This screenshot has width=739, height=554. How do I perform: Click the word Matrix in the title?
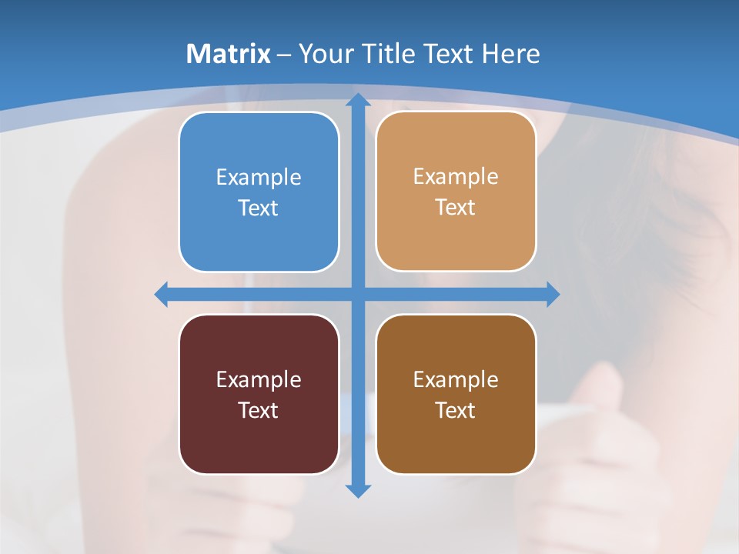[229, 54]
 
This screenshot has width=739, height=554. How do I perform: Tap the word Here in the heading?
[510, 54]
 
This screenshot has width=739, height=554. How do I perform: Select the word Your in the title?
[329, 54]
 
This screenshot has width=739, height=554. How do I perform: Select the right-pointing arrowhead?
[552, 294]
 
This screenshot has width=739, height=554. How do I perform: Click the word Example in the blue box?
[259, 178]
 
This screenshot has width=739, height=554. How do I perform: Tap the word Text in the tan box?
[456, 208]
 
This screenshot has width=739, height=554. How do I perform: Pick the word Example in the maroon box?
[259, 379]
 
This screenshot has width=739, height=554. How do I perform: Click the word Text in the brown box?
[456, 410]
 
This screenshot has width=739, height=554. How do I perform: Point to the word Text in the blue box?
[259, 208]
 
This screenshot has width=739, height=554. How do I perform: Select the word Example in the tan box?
[456, 177]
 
